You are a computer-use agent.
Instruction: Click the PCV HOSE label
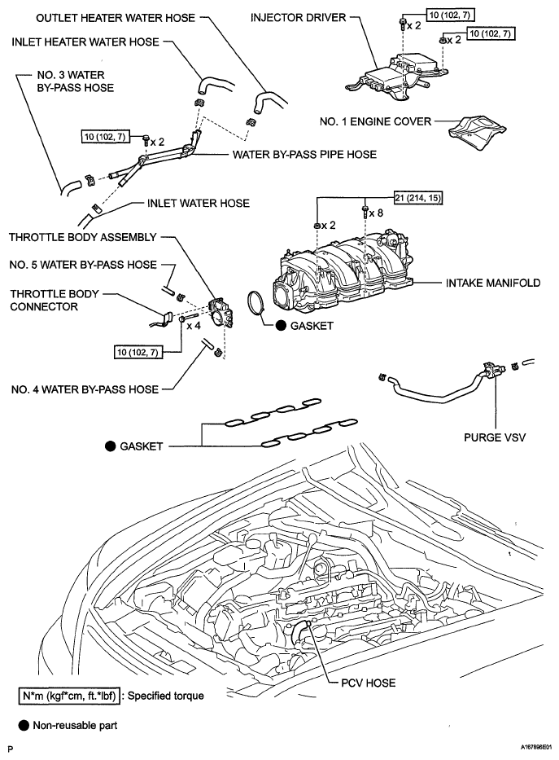click(x=369, y=682)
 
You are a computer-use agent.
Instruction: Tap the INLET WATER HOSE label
click(x=199, y=203)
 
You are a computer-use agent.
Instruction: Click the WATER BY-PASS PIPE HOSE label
click(x=293, y=155)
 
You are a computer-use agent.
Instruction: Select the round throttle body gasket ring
click(x=257, y=305)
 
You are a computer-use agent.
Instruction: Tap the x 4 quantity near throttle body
click(x=194, y=326)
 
